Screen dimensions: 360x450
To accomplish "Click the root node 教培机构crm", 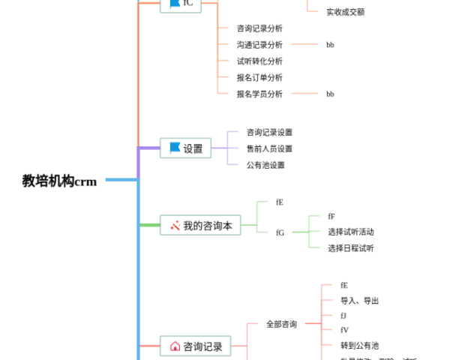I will (59, 181).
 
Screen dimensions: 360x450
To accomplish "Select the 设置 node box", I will (185, 148).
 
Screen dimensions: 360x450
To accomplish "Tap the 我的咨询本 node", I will (201, 225).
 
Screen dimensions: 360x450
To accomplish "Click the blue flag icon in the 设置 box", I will (175, 148).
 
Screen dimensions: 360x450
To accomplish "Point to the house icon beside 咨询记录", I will (175, 346).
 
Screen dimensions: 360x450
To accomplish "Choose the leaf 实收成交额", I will (345, 11).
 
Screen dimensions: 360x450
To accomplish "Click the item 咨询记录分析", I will (259, 28).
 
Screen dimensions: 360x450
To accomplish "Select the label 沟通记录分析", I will (259, 44).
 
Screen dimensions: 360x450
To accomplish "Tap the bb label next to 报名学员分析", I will (330, 94).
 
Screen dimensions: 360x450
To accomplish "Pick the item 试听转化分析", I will (259, 61).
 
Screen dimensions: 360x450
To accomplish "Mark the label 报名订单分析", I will (259, 77).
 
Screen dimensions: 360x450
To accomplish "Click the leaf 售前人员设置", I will (269, 148).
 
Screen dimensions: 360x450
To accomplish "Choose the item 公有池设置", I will (265, 165).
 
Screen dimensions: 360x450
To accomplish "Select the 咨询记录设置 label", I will (269, 132).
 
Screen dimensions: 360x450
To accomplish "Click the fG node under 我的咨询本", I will (280, 232).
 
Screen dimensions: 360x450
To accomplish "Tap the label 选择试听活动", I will (350, 232).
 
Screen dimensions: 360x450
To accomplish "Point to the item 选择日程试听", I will (350, 248).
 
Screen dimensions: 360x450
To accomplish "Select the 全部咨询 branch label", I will (281, 324).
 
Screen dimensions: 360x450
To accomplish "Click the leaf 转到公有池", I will (359, 345).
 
